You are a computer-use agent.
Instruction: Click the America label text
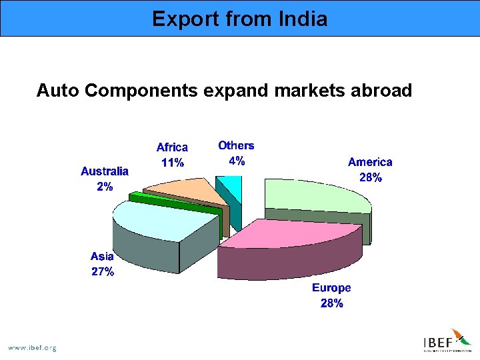pos(370,162)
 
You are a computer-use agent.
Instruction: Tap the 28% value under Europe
pos(331,303)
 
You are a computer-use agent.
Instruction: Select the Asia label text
pos(102,256)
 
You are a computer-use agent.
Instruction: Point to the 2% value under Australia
pos(105,187)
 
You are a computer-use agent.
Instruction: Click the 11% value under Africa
pos(172,163)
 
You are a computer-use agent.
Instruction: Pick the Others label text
pos(236,145)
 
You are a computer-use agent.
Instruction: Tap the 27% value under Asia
pos(103,272)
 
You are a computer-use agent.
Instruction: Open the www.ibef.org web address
pos(32,347)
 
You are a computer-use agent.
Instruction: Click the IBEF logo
pos(447,341)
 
